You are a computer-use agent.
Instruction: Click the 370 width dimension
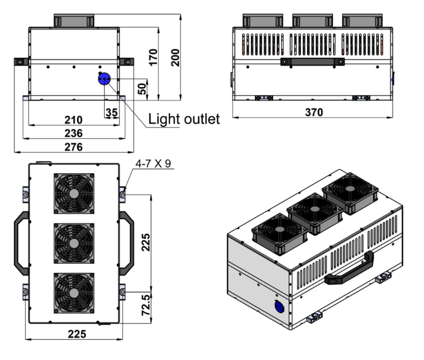pyautogui.click(x=314, y=112)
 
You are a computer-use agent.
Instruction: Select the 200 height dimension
pyautogui.click(x=175, y=57)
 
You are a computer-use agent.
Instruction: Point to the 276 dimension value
pyautogui.click(x=73, y=147)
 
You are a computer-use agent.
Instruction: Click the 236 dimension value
pyautogui.click(x=73, y=133)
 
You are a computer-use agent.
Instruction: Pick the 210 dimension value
pyautogui.click(x=73, y=120)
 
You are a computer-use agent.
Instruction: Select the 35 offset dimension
pyautogui.click(x=111, y=112)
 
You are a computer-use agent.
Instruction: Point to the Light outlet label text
pyautogui.click(x=183, y=119)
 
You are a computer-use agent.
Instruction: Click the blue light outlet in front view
pyautogui.click(x=104, y=80)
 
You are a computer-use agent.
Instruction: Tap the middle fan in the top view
pyautogui.click(x=74, y=243)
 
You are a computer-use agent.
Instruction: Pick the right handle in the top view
pyautogui.click(x=128, y=243)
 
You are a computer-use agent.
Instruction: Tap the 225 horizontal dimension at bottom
pyautogui.click(x=73, y=334)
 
